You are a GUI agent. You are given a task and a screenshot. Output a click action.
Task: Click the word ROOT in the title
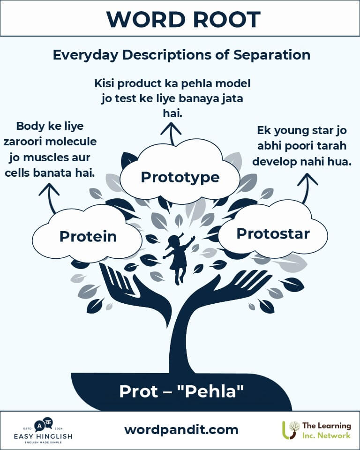(x=226, y=20)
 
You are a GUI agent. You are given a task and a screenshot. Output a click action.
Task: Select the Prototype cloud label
(x=180, y=177)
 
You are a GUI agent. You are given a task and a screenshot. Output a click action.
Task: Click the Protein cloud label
(x=88, y=236)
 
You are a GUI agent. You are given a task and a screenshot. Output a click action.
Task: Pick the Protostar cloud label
(x=273, y=233)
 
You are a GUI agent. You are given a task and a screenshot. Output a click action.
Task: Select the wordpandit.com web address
(x=181, y=430)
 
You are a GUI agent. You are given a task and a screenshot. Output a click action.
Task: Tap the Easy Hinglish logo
(x=43, y=430)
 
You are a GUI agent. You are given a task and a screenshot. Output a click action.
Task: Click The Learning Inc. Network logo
(x=317, y=430)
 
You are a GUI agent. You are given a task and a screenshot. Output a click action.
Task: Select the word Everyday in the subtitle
(x=85, y=55)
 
